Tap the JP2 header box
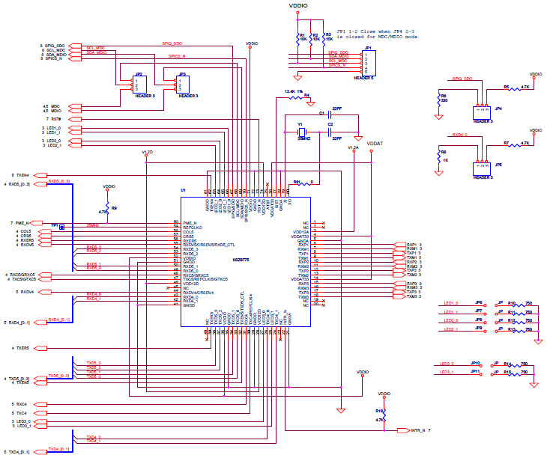point(139,85)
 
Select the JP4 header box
point(482,112)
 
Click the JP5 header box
point(482,166)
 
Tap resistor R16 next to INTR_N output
point(384,415)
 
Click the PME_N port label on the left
point(22,223)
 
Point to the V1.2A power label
point(353,148)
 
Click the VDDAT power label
point(374,141)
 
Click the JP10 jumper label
point(475,362)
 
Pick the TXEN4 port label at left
point(21,174)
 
